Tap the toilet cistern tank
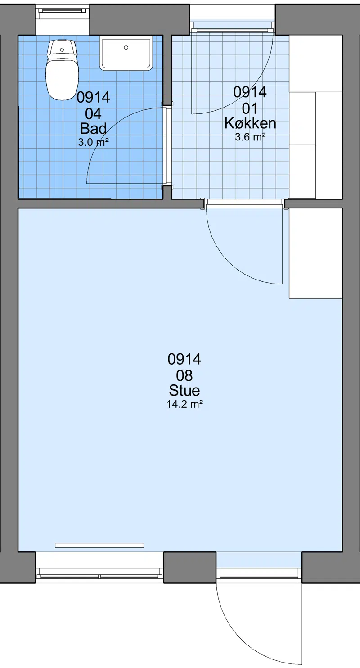[63, 49]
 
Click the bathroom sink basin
[126, 53]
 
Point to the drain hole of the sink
[126, 47]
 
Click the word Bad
[93, 129]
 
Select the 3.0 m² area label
[93, 142]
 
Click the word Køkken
[250, 123]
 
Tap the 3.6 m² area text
[250, 137]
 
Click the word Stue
[184, 390]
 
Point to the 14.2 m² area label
[184, 404]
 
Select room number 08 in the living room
[184, 376]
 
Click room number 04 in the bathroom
[93, 114]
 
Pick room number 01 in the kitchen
[250, 108]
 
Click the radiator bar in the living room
[99, 545]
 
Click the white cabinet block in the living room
[315, 253]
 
